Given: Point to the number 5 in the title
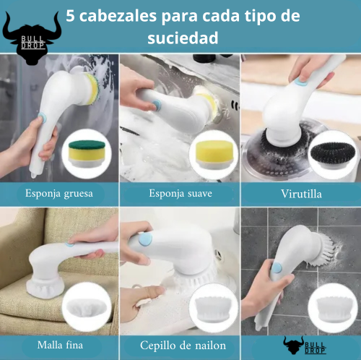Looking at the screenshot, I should [70, 17].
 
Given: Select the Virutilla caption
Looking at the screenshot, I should [300, 194].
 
